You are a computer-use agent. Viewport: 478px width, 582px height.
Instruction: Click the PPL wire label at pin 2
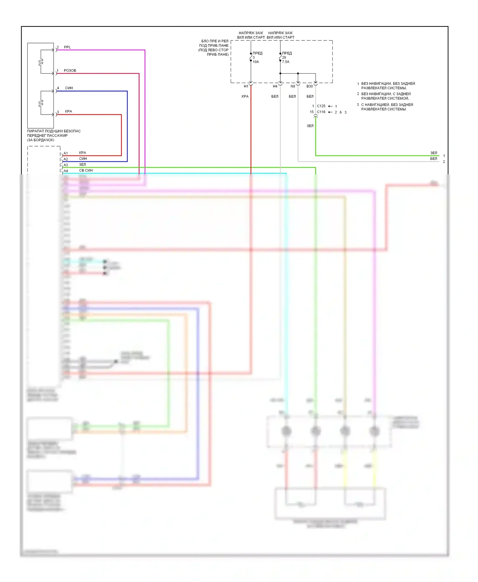click(67, 47)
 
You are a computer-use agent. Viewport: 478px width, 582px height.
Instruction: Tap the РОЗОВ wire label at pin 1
click(70, 70)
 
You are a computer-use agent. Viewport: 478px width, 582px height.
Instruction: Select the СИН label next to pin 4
click(69, 88)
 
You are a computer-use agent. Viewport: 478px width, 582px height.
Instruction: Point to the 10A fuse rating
click(256, 62)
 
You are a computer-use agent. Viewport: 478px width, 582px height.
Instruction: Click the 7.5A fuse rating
click(286, 62)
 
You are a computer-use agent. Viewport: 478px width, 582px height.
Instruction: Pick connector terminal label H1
click(246, 86)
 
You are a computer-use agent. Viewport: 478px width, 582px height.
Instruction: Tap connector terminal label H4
click(275, 86)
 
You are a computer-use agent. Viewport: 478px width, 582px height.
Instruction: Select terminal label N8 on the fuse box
click(293, 86)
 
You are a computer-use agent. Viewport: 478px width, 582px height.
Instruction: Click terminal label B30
click(309, 86)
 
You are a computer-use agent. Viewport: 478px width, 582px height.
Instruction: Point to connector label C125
click(321, 106)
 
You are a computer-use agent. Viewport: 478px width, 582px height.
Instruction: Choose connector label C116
click(321, 112)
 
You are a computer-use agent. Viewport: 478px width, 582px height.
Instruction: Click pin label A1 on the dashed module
click(66, 153)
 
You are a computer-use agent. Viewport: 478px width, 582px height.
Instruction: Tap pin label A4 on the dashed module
click(66, 171)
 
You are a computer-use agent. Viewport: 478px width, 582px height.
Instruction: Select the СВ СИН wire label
click(86, 170)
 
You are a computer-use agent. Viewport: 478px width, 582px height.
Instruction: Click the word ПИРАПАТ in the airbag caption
click(35, 131)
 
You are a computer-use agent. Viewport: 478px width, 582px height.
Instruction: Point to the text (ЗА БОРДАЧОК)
click(40, 140)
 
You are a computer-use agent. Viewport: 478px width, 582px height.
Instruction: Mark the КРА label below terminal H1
click(245, 96)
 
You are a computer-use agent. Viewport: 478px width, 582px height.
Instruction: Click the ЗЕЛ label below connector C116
click(310, 126)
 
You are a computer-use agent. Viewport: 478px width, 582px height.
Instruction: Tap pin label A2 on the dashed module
click(66, 159)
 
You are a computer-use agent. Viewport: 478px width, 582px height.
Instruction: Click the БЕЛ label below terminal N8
click(292, 96)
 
